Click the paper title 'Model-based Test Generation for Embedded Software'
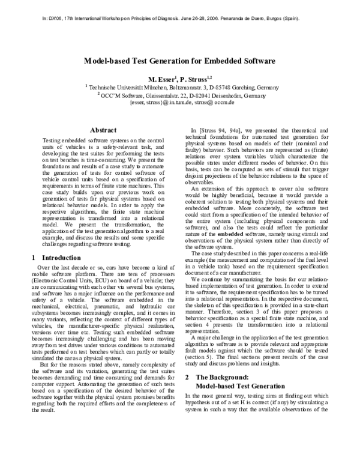[x=179, y=61]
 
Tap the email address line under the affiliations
[x=179, y=103]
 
